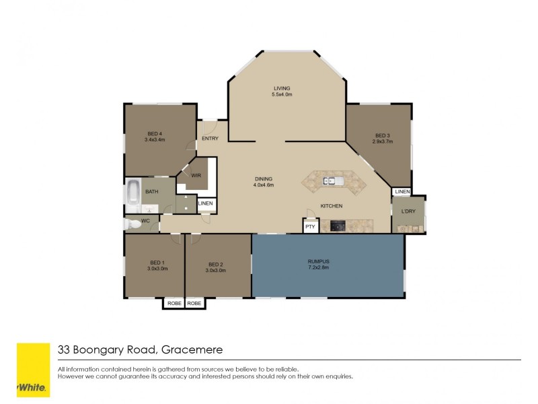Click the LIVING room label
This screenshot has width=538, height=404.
click(x=282, y=88)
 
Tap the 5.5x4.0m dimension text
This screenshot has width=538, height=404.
click(x=282, y=95)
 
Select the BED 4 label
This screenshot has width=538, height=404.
click(x=155, y=133)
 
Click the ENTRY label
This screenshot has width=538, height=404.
click(x=210, y=139)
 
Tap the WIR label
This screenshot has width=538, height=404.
click(x=196, y=175)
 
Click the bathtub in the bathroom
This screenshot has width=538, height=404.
click(x=132, y=192)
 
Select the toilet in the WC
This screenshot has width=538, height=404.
click(x=130, y=224)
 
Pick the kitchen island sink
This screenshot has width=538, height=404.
click(x=332, y=180)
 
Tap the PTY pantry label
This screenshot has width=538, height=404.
click(x=310, y=227)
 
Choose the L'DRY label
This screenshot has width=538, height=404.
click(x=408, y=212)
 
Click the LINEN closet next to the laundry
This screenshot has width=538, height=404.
click(x=402, y=192)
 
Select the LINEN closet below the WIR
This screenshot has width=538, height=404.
click(x=206, y=203)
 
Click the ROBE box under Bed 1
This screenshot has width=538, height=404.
click(x=174, y=304)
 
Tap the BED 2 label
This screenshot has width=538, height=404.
click(x=215, y=263)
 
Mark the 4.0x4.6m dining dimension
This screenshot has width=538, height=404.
click(x=263, y=184)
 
